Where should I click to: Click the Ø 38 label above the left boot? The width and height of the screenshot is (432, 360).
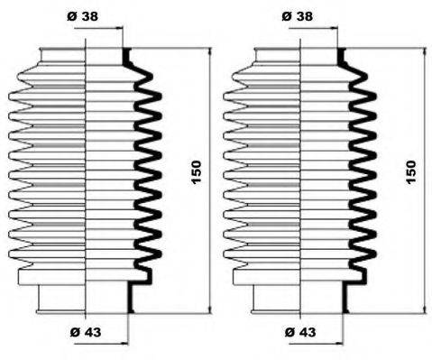(83, 17)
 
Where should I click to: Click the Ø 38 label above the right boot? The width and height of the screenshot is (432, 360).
(298, 17)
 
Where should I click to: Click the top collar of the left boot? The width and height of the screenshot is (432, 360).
(86, 56)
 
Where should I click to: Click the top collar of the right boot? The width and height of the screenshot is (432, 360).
(300, 56)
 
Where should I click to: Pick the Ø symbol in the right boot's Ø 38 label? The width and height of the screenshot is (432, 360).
(287, 17)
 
